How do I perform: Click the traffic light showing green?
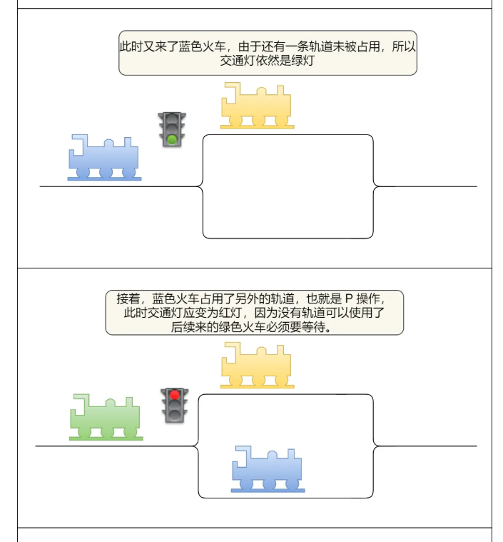[x=172, y=129]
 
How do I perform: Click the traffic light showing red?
[x=174, y=405]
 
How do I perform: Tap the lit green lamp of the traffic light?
[x=172, y=139]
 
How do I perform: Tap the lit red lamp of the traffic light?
[x=174, y=395]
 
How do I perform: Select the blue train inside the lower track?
[x=268, y=470]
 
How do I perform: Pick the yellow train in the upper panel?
[x=257, y=106]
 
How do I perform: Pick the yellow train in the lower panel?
[x=257, y=366]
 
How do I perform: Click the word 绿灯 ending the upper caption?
[x=304, y=61]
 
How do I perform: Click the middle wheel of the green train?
[x=107, y=431]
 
